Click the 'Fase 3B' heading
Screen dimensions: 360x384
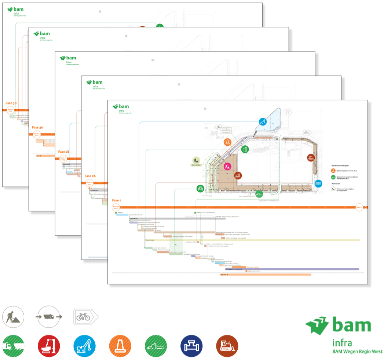coord(11,103)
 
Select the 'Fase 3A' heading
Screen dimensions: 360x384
coord(37,127)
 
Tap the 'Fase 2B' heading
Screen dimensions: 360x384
coord(64,152)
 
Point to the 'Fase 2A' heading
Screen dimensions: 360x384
coord(90,176)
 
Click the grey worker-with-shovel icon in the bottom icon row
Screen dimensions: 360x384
coord(13,317)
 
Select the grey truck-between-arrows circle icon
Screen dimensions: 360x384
coord(49,317)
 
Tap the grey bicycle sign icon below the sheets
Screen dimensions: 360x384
coord(84,316)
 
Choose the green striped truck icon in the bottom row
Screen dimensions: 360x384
coord(13,346)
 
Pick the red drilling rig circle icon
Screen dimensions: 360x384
coord(49,346)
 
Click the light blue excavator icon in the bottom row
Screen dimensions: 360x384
coord(84,346)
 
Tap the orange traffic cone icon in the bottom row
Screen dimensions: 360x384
coord(120,346)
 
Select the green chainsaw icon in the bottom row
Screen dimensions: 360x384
coord(156,346)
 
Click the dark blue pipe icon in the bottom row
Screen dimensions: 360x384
coord(191,346)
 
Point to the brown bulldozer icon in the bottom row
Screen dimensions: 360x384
coord(227,346)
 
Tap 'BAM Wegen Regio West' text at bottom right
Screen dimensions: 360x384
coord(357,352)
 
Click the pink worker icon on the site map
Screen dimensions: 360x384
coord(227,167)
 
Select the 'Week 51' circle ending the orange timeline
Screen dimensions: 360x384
coord(359,207)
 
